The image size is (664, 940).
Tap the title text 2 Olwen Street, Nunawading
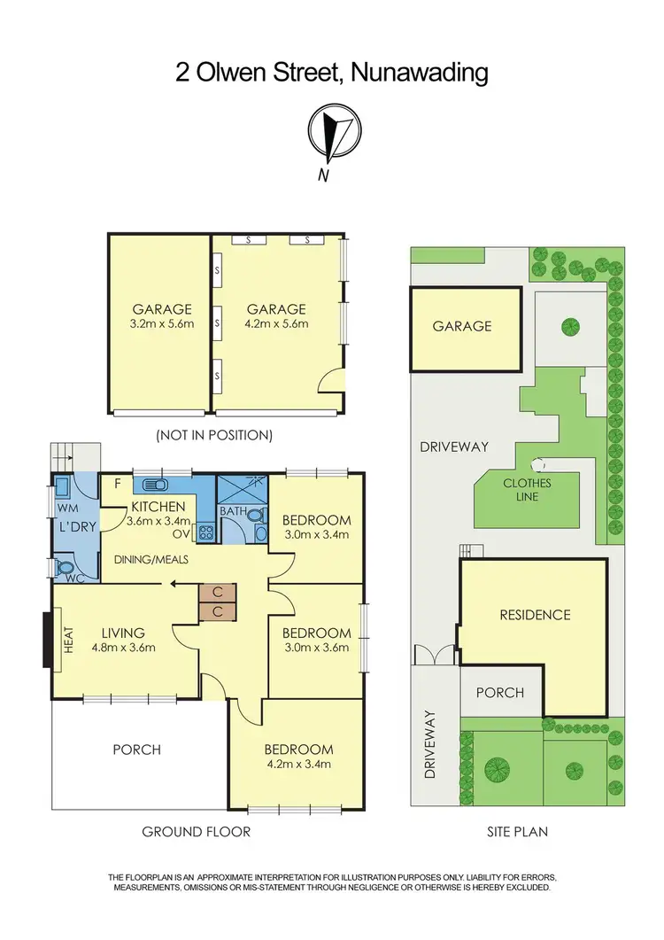[332, 72]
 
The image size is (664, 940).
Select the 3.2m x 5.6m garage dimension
[162, 324]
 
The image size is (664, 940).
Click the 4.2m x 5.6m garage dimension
[277, 324]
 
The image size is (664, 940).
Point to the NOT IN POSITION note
[213, 435]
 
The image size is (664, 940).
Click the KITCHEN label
[159, 507]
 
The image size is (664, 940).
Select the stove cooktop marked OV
[205, 533]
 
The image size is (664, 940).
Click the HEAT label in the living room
[67, 641]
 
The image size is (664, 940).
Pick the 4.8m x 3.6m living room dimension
[123, 647]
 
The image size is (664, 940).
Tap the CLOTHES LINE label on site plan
[527, 490]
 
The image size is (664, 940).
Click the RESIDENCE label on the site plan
[534, 615]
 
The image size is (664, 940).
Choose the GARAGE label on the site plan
[461, 326]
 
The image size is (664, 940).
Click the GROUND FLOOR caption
[197, 831]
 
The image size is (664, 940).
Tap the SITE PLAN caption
[517, 831]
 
